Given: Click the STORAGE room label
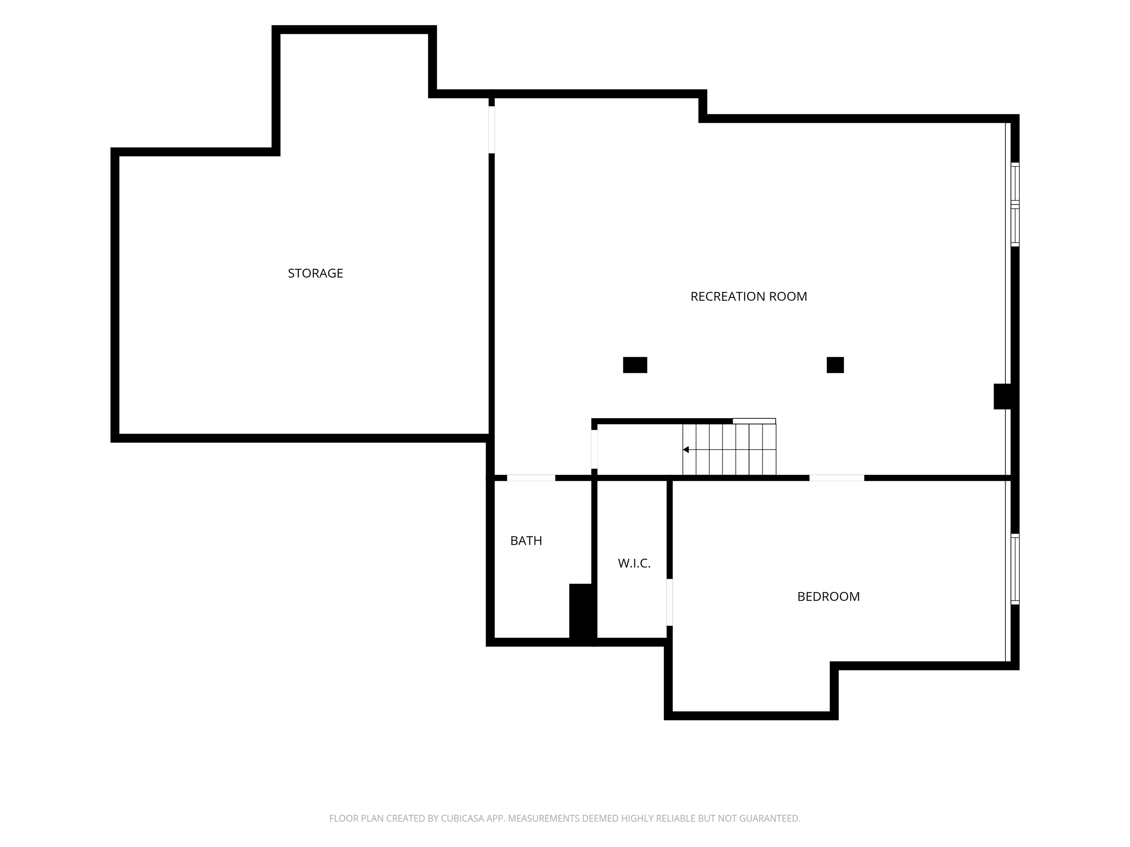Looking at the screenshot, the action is click(x=315, y=273).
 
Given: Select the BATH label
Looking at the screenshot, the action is click(x=526, y=541).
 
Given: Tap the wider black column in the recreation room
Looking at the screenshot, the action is click(x=635, y=365).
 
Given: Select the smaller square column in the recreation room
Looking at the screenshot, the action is click(x=835, y=365).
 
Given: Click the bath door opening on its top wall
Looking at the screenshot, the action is click(x=531, y=478).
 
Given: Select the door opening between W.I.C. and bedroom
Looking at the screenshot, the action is click(x=669, y=602).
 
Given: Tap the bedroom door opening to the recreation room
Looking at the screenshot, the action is click(x=837, y=478).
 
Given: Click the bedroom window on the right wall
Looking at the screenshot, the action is click(x=1015, y=569).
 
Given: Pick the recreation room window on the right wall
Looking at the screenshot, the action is click(x=1015, y=205).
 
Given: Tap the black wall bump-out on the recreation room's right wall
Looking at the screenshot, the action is click(x=1002, y=396).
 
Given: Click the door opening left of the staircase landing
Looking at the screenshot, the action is click(x=594, y=449).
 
